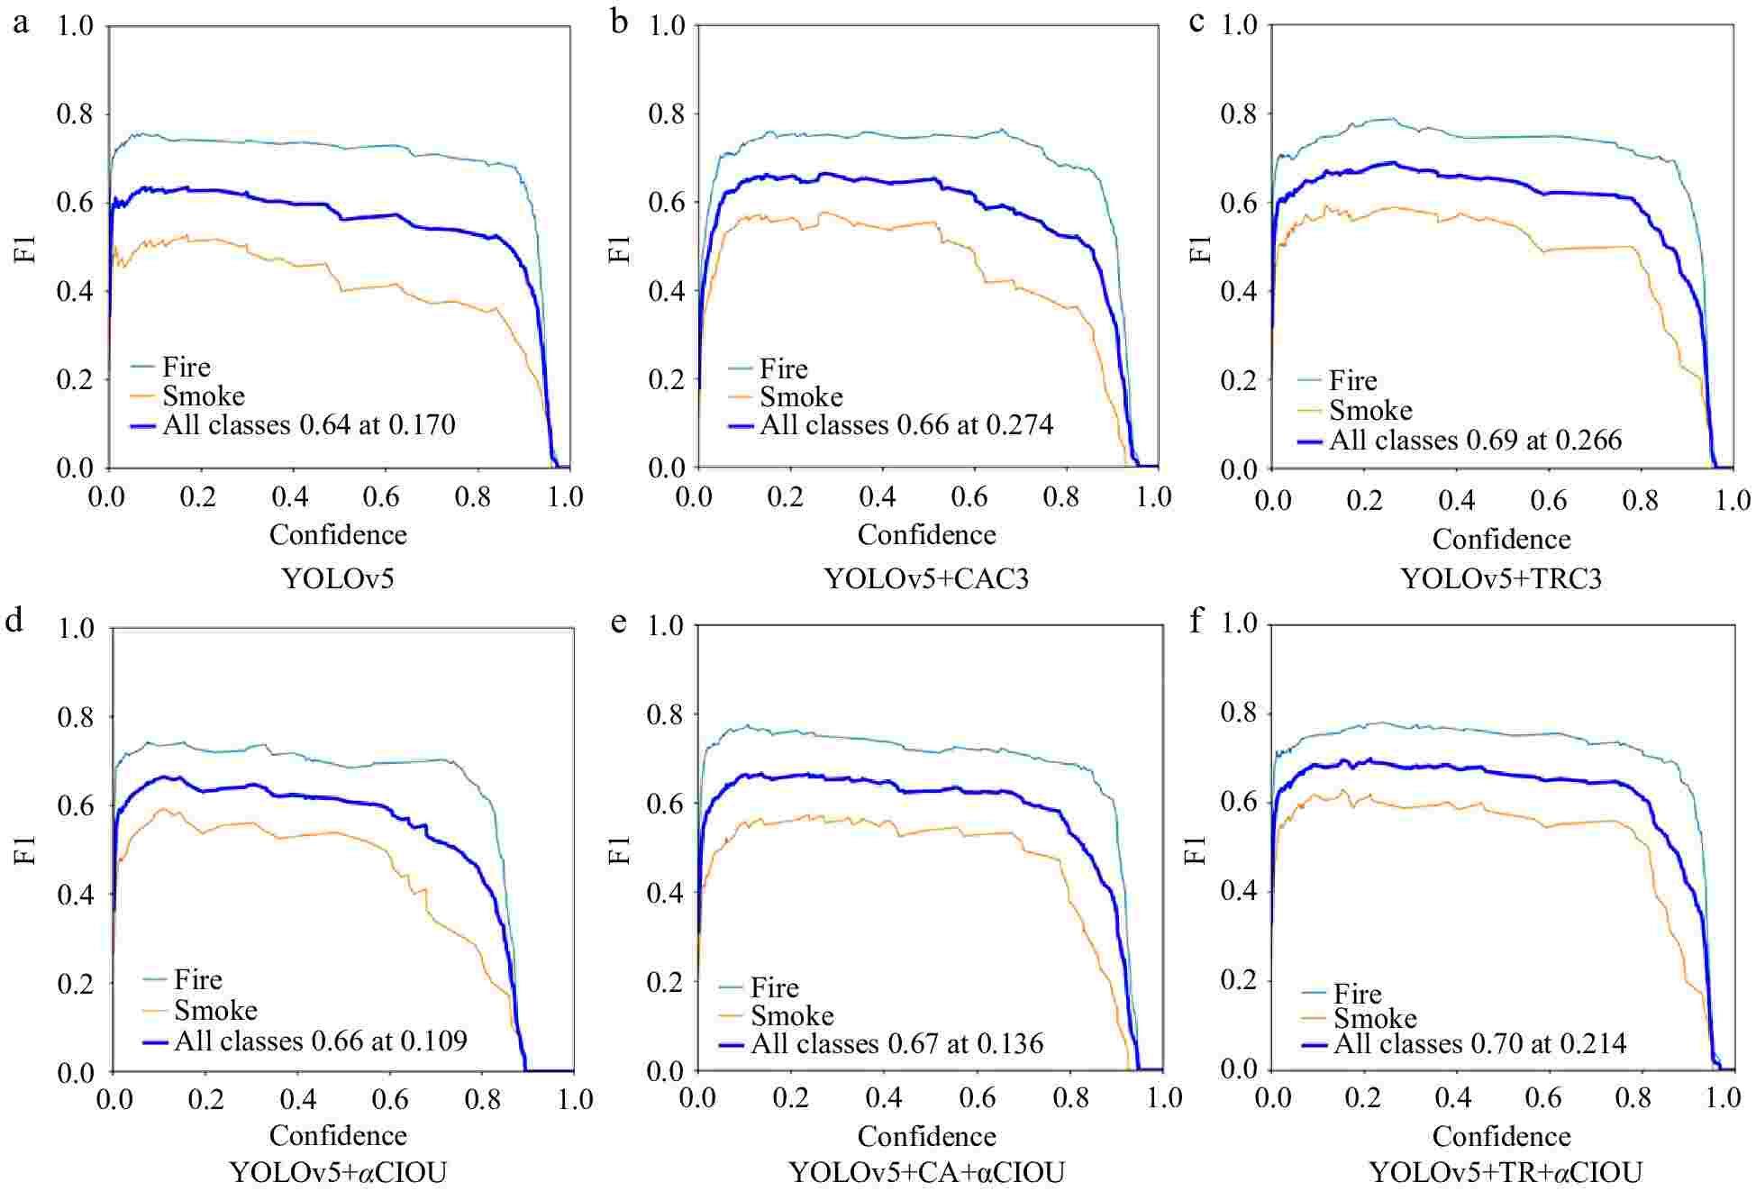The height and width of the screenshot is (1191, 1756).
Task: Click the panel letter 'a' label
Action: coord(20,22)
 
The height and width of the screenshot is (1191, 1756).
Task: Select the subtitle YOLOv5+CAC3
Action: coord(926,578)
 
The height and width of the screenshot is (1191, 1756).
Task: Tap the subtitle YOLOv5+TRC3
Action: coord(1501,578)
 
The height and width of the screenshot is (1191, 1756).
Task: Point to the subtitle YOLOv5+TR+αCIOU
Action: coord(1506,1172)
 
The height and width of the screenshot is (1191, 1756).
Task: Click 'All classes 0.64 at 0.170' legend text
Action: coord(308,424)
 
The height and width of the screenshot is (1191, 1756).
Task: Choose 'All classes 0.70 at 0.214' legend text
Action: coord(1479,1043)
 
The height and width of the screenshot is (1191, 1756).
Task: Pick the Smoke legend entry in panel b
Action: coord(801,396)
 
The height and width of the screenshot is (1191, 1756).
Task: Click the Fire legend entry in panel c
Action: coord(1352,380)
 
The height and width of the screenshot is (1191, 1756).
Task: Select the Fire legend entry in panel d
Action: coord(197,979)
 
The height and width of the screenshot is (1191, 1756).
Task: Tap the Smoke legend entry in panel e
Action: coord(792,1015)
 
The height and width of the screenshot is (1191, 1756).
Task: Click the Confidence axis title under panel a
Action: coord(338,534)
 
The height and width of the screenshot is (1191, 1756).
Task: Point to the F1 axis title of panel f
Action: coord(1198,849)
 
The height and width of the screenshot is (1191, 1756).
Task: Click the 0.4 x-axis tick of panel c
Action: coord(1456,500)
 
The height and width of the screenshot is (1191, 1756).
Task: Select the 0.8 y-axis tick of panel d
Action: coord(76,717)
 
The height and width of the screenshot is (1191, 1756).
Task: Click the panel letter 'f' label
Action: coord(1196,621)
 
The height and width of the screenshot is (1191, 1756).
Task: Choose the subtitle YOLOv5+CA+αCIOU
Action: coord(926,1172)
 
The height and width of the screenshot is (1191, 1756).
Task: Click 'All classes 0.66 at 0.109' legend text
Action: coord(320,1041)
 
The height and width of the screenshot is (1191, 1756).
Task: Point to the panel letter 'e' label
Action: coord(618,622)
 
